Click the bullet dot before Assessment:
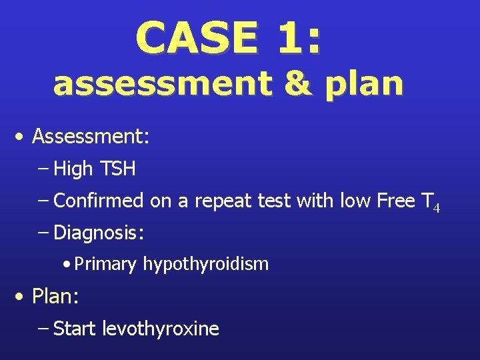point(23,137)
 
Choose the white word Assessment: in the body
point(91,137)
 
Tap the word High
point(73,169)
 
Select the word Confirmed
point(99,201)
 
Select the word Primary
point(105,265)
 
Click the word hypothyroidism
point(205,265)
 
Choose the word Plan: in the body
point(55,297)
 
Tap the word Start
point(75,329)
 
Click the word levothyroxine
point(161,329)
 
